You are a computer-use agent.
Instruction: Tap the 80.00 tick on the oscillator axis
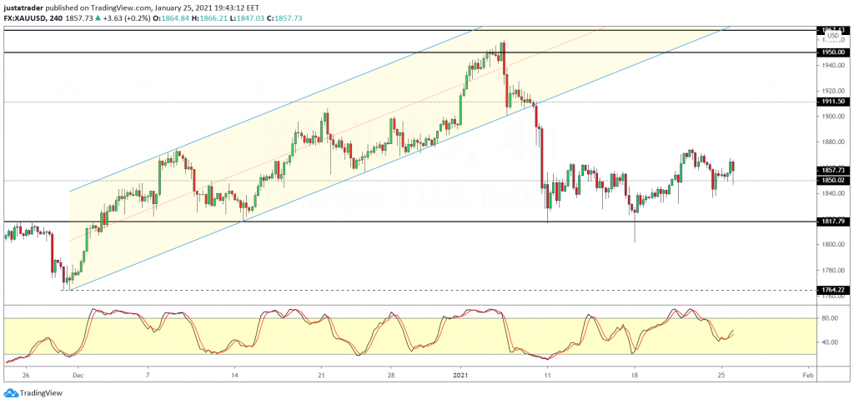click(x=829, y=318)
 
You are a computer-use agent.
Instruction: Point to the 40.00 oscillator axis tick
click(x=829, y=342)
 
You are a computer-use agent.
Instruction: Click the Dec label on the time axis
click(x=78, y=376)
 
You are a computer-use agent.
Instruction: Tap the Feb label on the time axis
click(x=807, y=376)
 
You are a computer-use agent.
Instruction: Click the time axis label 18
click(x=634, y=376)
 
